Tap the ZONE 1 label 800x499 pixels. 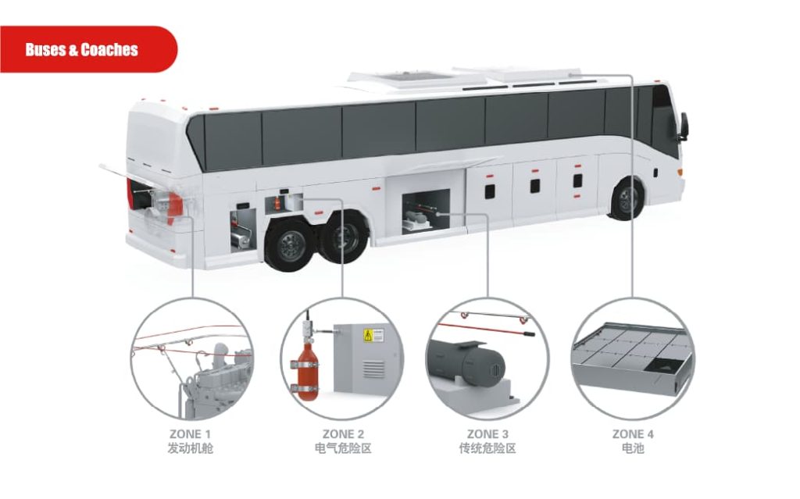pyautogui.click(x=190, y=434)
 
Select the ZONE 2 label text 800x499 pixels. pyautogui.click(x=343, y=434)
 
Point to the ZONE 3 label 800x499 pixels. pyautogui.click(x=487, y=434)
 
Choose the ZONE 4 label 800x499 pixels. pyautogui.click(x=633, y=434)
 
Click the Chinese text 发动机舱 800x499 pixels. pyautogui.click(x=190, y=448)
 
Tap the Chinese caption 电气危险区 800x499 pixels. pyautogui.click(x=343, y=448)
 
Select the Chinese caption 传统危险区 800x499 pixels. pyautogui.click(x=487, y=448)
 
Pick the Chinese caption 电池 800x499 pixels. pyautogui.click(x=633, y=448)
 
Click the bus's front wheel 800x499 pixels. pyautogui.click(x=627, y=198)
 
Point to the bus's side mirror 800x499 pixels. pyautogui.click(x=683, y=126)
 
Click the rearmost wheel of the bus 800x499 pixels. pyautogui.click(x=288, y=245)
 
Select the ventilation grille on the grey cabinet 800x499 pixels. pyautogui.click(x=373, y=369)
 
